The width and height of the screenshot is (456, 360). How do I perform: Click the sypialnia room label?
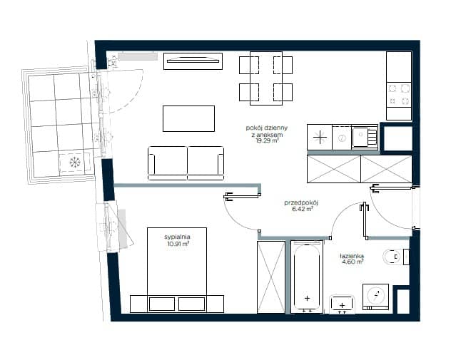pos(177,237)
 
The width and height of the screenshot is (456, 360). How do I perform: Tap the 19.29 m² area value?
pos(268,141)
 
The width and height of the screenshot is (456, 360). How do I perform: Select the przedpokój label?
pos(302,202)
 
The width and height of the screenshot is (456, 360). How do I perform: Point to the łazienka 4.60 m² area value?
pos(352,262)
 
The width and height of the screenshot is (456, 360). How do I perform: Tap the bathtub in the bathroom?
pos(307,277)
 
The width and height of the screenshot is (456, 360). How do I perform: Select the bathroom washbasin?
pos(342,305)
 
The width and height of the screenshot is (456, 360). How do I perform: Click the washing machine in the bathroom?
pos(375,297)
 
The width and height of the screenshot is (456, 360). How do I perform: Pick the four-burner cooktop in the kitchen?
pos(399,95)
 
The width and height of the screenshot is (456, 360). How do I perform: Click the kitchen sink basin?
pos(360,135)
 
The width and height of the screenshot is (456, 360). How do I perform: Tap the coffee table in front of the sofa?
pos(188,118)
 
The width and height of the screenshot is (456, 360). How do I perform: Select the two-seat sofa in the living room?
pos(186,163)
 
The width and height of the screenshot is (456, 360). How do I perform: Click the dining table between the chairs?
pos(266,78)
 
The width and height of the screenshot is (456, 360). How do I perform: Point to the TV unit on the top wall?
pos(193,61)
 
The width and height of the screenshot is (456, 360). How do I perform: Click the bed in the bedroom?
pos(177,270)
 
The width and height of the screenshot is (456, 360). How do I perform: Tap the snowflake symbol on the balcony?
pos(75,162)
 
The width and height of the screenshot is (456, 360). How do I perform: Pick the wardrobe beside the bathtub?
pos(271,277)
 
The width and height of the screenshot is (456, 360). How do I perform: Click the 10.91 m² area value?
pos(178,244)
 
